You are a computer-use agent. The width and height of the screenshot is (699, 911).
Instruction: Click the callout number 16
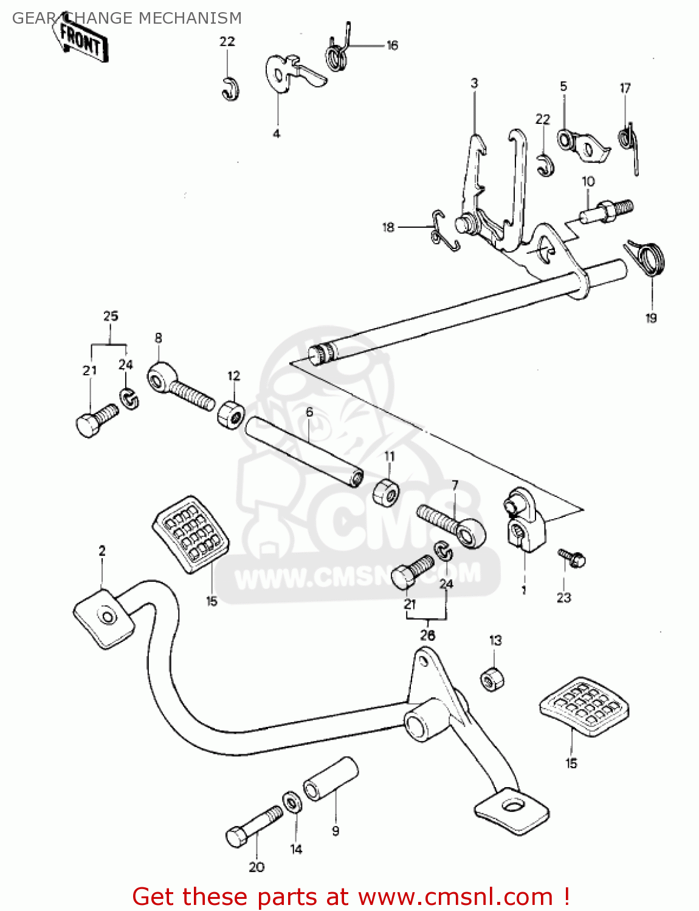point(392,46)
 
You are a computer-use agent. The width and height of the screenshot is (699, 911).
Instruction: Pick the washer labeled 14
point(292,802)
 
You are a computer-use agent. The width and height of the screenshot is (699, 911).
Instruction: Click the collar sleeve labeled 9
point(331,779)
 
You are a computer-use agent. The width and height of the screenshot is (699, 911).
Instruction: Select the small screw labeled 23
point(572,558)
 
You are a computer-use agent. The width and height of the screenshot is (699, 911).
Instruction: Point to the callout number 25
point(111,316)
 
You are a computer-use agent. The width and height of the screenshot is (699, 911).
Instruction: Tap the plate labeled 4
point(286,72)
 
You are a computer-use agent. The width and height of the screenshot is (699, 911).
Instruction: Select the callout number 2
point(102,551)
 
